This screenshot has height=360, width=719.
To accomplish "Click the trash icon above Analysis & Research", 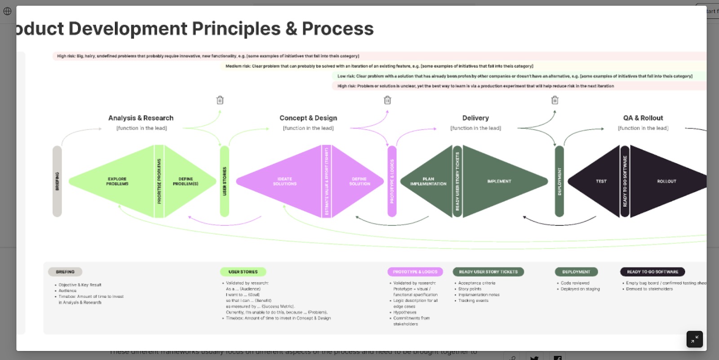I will point(220,100).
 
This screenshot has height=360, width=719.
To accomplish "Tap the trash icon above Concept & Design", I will point(387,100).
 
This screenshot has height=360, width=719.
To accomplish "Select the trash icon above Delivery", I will point(555,100).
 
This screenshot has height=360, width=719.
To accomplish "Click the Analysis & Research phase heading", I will point(141,118).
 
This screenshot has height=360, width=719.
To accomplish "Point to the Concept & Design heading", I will point(308,118).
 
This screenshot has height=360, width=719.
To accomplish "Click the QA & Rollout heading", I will point(643,118).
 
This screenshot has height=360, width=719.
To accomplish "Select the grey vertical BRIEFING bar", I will point(57,181).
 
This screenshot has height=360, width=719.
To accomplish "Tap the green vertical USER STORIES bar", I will point(225,181).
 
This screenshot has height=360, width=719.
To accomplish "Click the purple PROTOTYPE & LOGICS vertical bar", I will point(392,181).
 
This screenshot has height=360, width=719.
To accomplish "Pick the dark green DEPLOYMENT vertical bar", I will point(559,181).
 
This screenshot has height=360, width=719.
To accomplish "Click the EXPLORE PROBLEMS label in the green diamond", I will point(117,181).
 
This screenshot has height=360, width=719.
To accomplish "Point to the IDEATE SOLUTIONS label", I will point(285,181).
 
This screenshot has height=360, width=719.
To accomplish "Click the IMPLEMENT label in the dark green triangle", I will point(499,181).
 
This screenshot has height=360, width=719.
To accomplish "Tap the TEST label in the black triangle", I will point(601,181).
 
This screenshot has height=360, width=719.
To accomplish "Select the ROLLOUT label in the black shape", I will point(666,181).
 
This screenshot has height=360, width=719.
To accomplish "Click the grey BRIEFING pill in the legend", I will point(65,272).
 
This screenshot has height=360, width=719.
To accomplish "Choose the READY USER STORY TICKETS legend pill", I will point(488,272).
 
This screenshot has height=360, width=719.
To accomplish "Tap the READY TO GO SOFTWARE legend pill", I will point(652,272).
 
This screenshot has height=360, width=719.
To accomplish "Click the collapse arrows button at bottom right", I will point(694,339).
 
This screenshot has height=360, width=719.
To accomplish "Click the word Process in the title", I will point(337,29).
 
